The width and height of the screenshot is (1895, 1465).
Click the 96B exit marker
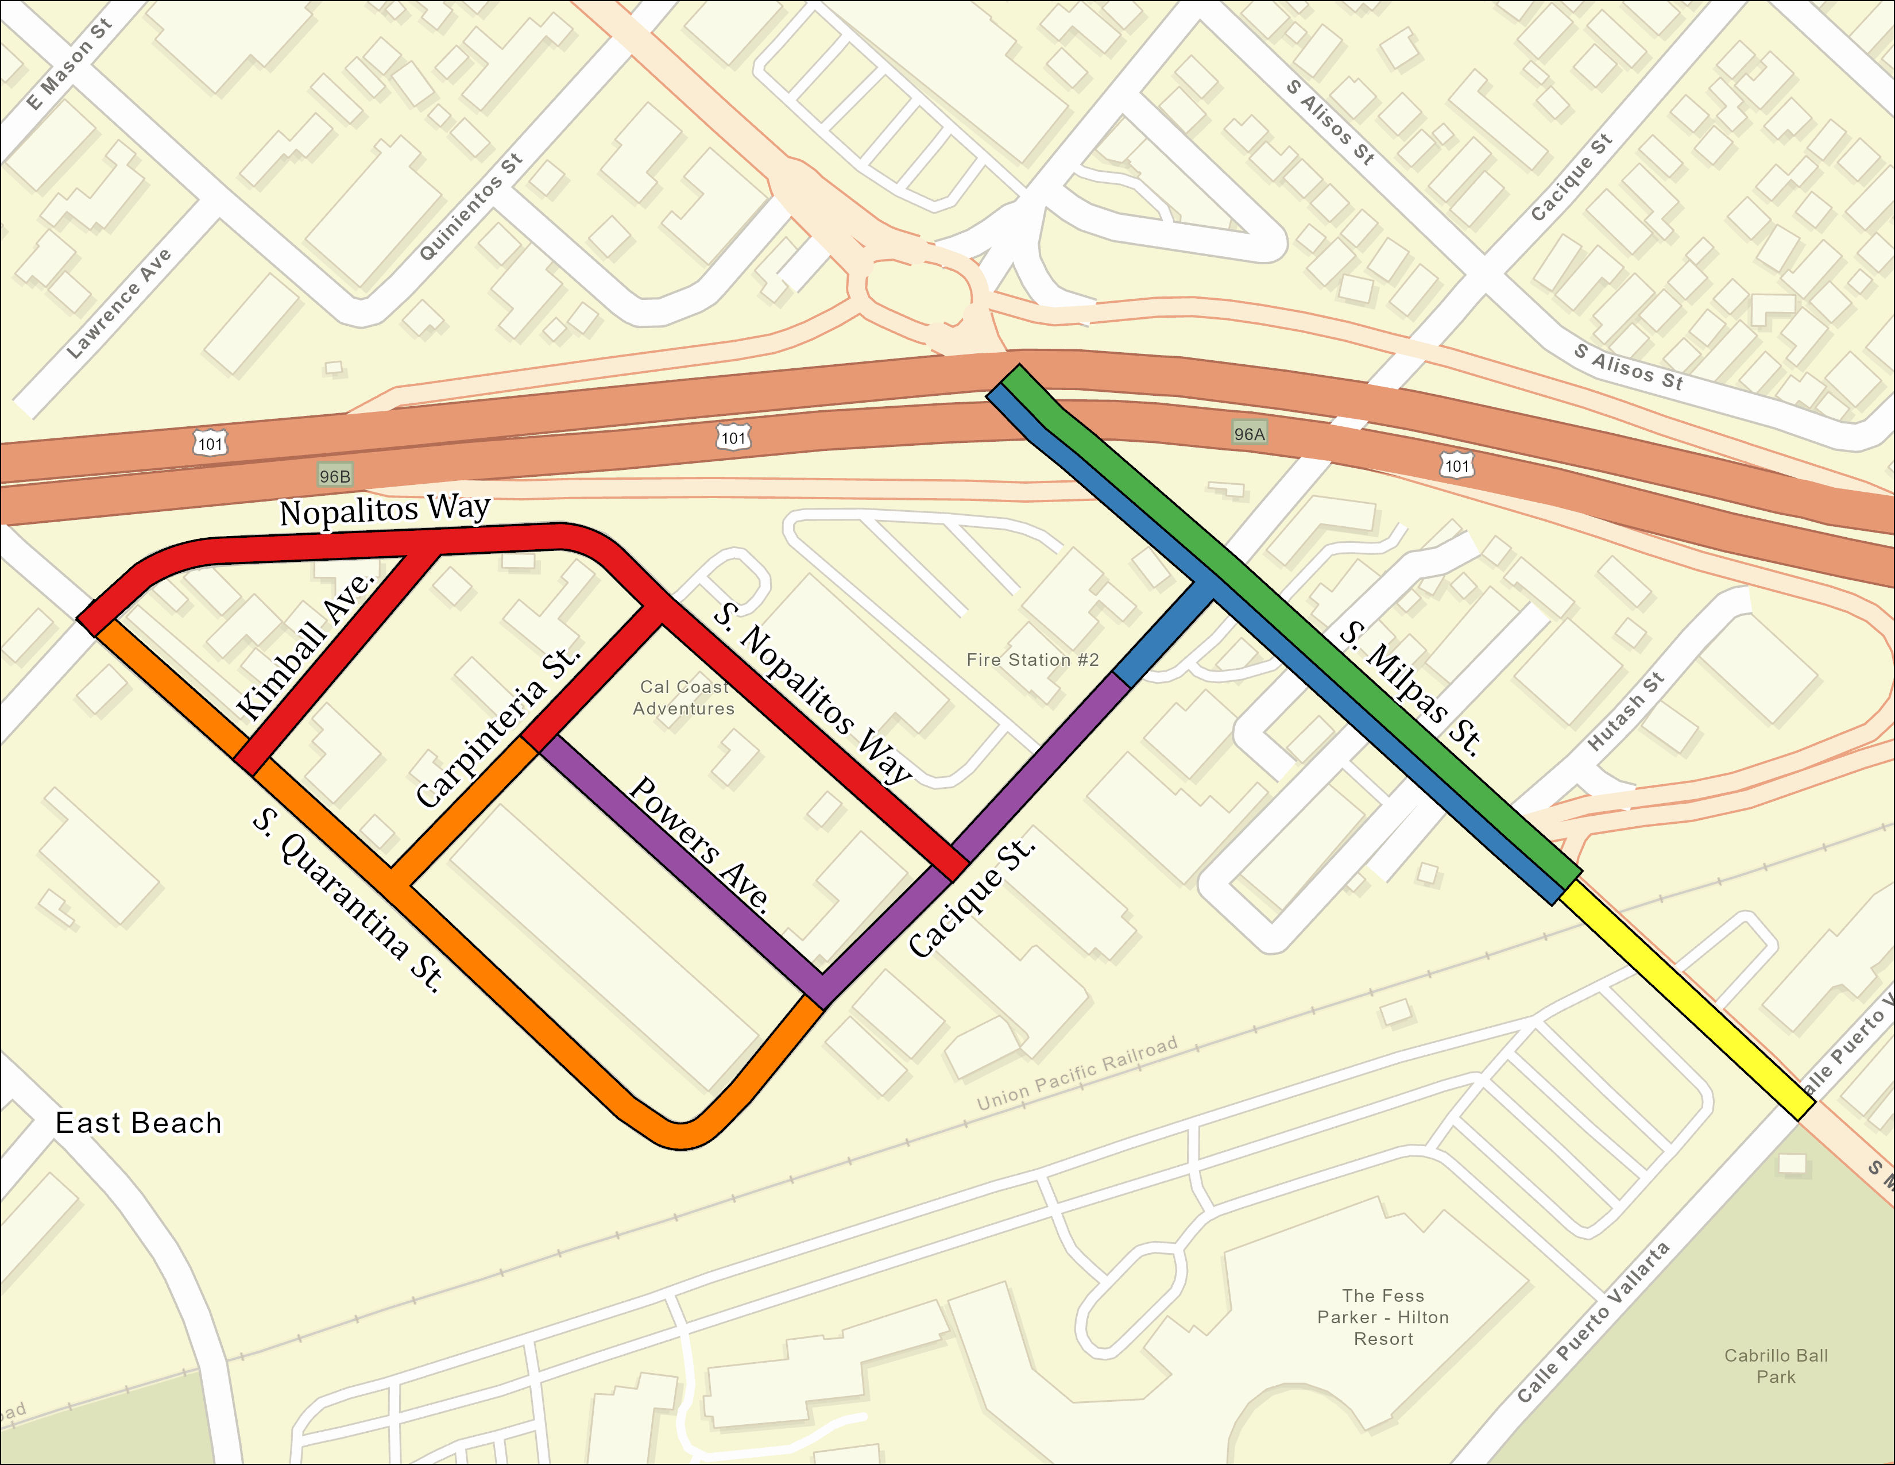(x=335, y=476)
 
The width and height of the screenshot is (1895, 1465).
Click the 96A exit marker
(x=1250, y=433)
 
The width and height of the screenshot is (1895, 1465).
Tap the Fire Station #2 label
(x=1032, y=660)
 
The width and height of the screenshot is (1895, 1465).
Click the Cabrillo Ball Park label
(x=1775, y=1365)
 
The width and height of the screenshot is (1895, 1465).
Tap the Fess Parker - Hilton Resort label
(x=1383, y=1317)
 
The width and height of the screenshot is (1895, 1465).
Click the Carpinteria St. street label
(x=497, y=727)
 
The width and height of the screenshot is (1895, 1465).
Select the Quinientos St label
(x=471, y=207)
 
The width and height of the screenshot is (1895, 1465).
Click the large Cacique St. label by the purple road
(x=972, y=899)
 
